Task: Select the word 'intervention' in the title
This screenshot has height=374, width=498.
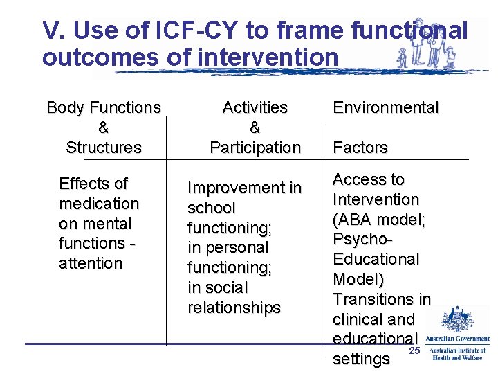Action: pos(268,57)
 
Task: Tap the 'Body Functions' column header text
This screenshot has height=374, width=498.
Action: pos(103,107)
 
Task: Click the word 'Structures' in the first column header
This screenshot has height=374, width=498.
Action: pos(103,148)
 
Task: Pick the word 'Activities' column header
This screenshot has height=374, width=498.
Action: pos(255,107)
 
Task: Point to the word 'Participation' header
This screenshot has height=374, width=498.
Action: pos(255,148)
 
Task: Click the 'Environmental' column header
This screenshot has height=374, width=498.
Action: pos(385,107)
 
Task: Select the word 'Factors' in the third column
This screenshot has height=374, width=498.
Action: pos(360,148)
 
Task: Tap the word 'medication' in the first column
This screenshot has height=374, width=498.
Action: pos(99,204)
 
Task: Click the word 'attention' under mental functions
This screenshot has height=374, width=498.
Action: pos(91,263)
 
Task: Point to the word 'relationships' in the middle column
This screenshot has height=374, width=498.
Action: pos(234,308)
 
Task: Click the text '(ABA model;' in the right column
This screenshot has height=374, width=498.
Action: pos(379,220)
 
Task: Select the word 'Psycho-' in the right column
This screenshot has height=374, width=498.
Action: pos(362,240)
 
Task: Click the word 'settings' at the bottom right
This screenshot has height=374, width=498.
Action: pos(361,359)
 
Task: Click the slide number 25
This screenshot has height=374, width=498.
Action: pos(414,352)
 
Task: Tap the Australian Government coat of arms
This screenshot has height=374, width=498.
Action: pos(456,320)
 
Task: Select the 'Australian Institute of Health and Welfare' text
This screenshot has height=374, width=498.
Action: pos(459,354)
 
